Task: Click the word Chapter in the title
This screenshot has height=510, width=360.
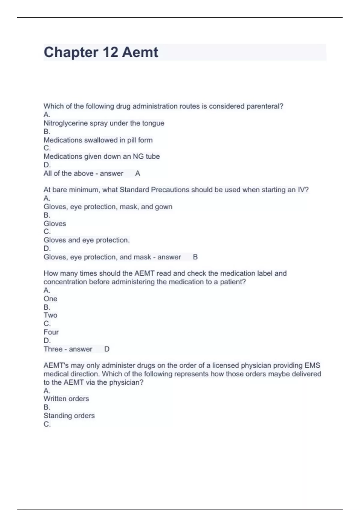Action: tap(71, 52)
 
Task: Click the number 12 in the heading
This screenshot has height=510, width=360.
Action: tap(110, 52)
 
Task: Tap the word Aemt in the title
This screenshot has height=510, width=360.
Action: tap(140, 52)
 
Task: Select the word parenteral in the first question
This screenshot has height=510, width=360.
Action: tap(265, 106)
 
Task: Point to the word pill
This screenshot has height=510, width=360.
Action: tap(131, 140)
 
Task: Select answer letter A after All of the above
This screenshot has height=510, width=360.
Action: tap(138, 173)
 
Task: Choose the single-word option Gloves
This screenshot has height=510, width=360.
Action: tap(55, 224)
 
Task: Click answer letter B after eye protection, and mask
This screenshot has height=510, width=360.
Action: tap(195, 257)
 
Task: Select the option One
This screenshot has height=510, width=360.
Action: tap(50, 299)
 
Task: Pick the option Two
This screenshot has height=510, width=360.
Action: tap(50, 315)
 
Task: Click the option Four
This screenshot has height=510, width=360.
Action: tap(51, 332)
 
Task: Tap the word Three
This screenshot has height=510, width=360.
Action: tap(53, 349)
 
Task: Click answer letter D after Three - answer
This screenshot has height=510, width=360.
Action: tap(107, 349)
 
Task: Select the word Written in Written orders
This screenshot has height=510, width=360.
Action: tap(55, 399)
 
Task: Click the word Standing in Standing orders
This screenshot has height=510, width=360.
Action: tap(57, 416)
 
